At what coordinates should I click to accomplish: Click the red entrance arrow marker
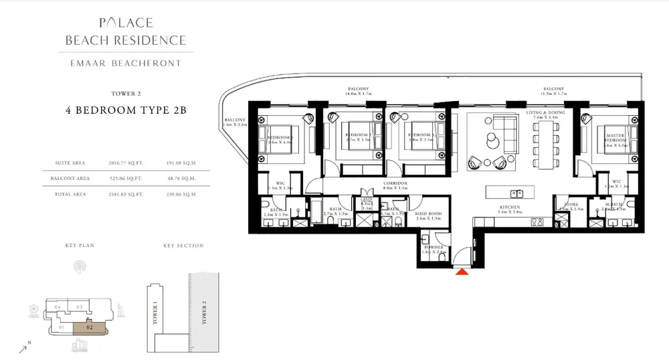tap(461, 271)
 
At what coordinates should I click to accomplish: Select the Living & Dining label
tap(545, 114)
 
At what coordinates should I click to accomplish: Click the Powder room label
tap(433, 249)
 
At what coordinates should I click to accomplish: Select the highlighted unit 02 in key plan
tap(89, 327)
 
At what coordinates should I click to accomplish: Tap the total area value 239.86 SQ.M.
tap(181, 194)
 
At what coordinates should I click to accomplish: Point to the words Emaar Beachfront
tap(126, 64)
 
